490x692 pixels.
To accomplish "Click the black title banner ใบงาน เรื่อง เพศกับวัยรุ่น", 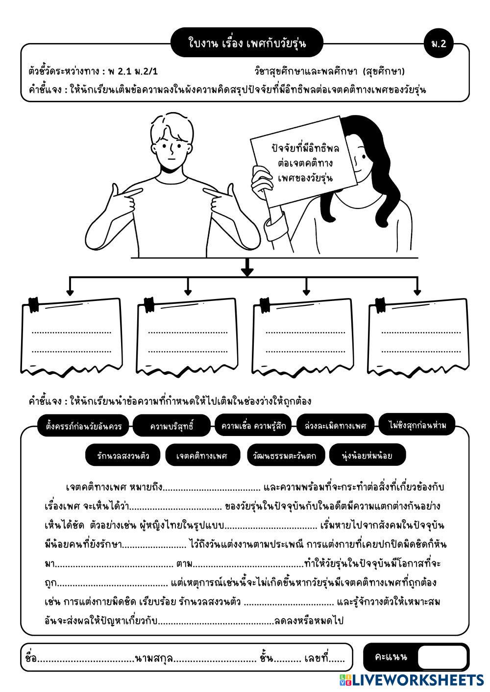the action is pos(247,42).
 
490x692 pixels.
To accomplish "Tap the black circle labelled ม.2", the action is pos(439,43).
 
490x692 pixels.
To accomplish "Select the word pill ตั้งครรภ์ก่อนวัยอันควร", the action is pos(83,426).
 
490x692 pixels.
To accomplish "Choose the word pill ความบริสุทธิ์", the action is pos(171,426).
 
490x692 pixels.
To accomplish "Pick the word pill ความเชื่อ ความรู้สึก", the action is pos(253,425).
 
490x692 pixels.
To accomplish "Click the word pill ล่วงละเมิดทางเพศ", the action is pos(335,425).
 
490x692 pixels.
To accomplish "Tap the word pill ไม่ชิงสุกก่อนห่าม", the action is pos(417,425).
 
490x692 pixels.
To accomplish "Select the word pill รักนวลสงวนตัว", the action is pos(123,455).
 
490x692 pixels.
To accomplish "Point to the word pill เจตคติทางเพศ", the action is pos(203,455).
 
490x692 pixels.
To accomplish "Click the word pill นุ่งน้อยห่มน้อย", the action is pos(367,455).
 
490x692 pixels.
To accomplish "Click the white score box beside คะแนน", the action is pos(442,657).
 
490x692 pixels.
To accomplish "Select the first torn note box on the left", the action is pos(72,337).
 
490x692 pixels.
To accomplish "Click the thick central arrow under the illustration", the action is pos(247,267).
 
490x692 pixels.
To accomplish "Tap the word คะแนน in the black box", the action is pos(391,657).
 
